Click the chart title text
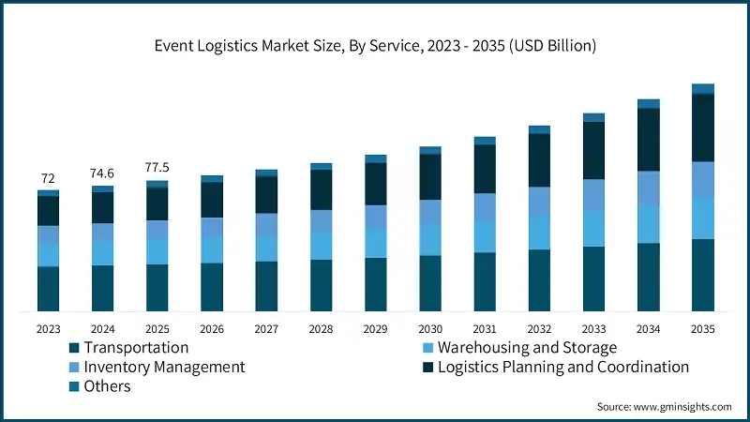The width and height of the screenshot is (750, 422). pos(375,44)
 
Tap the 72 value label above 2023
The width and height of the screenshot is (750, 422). pos(48,178)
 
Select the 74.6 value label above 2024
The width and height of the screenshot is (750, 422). pos(102,173)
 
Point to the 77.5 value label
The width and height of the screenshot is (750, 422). pos(157,168)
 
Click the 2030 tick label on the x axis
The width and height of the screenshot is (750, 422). pos(430,329)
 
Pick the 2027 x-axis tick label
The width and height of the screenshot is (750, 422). pos(266,329)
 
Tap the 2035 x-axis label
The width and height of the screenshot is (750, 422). pos(703,329)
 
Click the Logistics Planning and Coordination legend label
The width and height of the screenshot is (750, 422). pos(563,367)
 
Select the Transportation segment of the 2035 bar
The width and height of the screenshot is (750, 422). pos(703,275)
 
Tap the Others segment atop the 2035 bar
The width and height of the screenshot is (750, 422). pos(703,88)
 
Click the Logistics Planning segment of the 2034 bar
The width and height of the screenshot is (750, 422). pos(648,140)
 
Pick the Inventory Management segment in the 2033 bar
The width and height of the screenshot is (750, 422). pos(593,194)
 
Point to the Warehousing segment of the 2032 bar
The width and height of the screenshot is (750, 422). pos(539,233)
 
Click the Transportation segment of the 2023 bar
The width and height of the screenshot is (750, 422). pos(48,289)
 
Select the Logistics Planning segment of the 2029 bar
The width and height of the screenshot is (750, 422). pos(375,184)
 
